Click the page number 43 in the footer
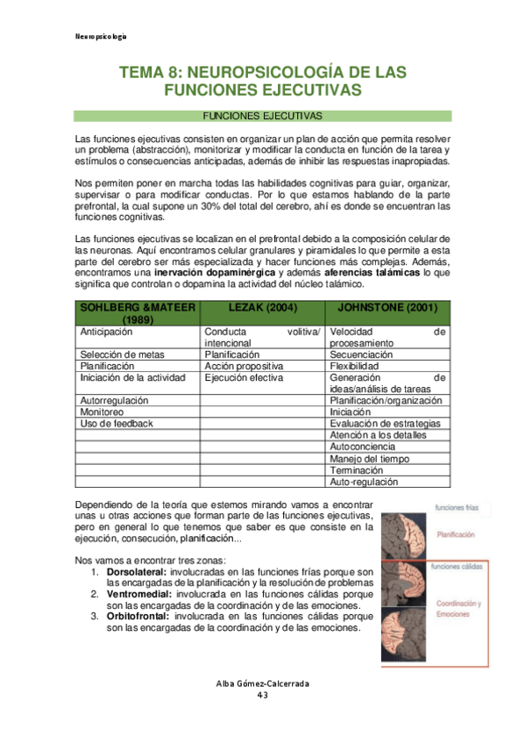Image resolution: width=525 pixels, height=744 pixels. pos(262,695)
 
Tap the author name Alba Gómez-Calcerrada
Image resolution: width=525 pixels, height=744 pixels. pos(262,683)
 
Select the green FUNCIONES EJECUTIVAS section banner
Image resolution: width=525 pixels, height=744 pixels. pos(262,116)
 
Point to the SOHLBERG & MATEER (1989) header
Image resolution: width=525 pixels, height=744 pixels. pos(138,312)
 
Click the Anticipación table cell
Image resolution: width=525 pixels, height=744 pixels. pos(106,332)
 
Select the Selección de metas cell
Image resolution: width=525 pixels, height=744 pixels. pos(117,354)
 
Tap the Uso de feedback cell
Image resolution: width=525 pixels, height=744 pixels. pos(117,423)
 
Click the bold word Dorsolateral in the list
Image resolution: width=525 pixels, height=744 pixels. pos(134,572)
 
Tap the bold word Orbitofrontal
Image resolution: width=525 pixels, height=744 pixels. pos(138,616)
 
